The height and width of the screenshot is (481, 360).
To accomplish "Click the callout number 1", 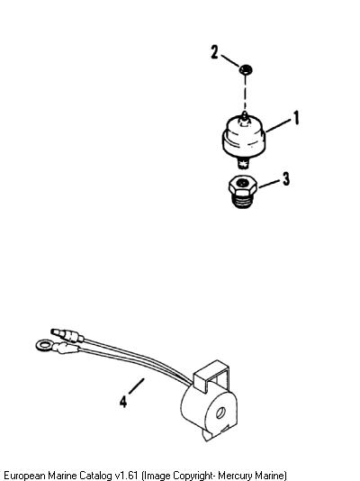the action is point(296,118).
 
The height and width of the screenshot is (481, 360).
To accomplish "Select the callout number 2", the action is point(214,52).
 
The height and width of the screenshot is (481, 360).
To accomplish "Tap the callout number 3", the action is point(286,178).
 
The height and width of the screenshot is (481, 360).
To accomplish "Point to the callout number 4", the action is point(123,401).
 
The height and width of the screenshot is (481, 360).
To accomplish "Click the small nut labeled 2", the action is point(246,69).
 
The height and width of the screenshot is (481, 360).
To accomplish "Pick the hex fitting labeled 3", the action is point(243,192).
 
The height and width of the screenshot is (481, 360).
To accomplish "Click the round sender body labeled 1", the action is point(244,137).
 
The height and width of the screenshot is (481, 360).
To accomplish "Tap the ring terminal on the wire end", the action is point(44,345).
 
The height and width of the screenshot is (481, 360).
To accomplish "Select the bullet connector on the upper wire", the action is point(67,335).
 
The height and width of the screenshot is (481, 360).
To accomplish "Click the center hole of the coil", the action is point(220,413).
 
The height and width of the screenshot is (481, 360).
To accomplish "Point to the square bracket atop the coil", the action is point(211,377).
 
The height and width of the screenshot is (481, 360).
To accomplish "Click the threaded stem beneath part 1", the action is point(243,162).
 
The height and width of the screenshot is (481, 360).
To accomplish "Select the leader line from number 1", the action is point(278,125).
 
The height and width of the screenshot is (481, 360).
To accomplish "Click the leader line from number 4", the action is point(136,386).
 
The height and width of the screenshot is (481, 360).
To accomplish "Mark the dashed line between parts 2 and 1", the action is point(245,93).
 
